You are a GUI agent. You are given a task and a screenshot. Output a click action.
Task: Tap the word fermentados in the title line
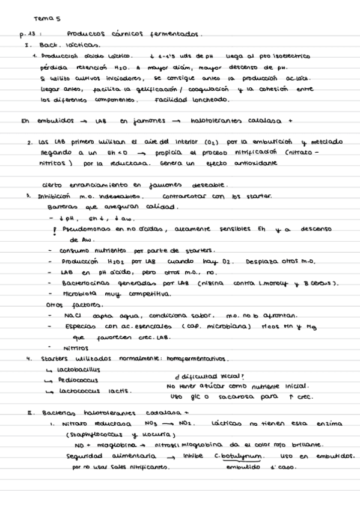coord(178,34)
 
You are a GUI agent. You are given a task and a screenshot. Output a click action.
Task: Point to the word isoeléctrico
coord(287,56)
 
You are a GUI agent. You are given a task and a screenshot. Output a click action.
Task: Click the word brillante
coord(304,445)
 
